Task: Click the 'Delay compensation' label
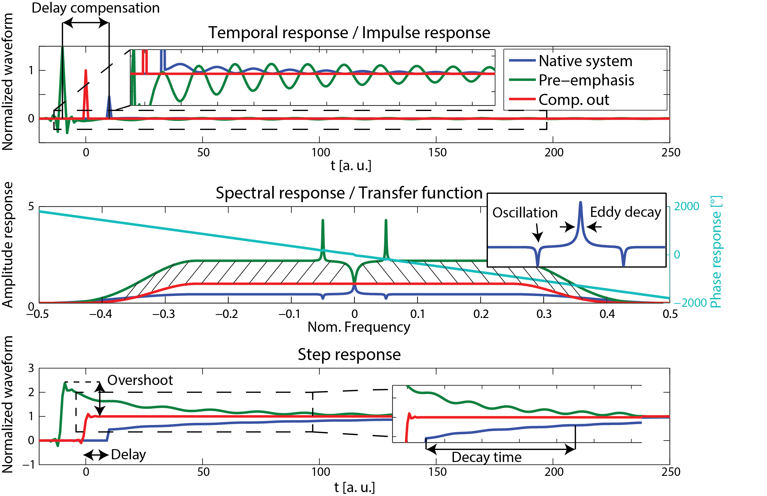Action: coord(96,8)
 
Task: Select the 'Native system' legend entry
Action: coord(585,61)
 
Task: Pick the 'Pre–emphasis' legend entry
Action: coord(586,80)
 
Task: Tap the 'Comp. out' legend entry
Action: coord(574,100)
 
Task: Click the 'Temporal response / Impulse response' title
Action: coord(349,32)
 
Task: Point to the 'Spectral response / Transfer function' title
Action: coord(349,193)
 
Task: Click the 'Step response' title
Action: coord(349,354)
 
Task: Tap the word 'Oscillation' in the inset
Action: coord(525,213)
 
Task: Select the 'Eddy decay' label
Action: coord(625,212)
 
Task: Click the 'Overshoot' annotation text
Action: coord(140,380)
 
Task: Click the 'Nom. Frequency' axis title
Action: coord(359,327)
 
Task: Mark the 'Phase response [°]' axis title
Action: coord(716,251)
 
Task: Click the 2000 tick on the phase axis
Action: coord(686,206)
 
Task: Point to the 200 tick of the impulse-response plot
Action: coord(553,152)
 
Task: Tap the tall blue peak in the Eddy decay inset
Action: coord(580,206)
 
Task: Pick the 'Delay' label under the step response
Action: coord(128,454)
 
